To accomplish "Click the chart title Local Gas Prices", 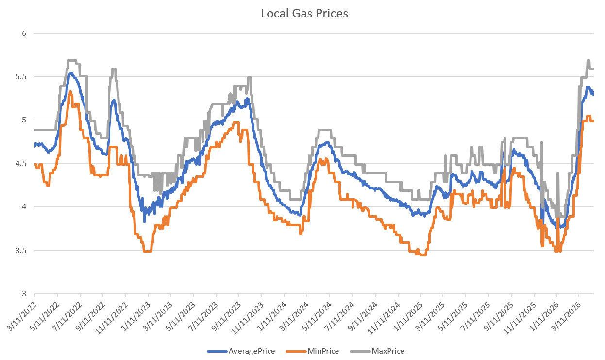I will click(304, 14).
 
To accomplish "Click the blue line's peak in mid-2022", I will click(71, 73).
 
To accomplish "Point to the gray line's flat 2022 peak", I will click(72, 61).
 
